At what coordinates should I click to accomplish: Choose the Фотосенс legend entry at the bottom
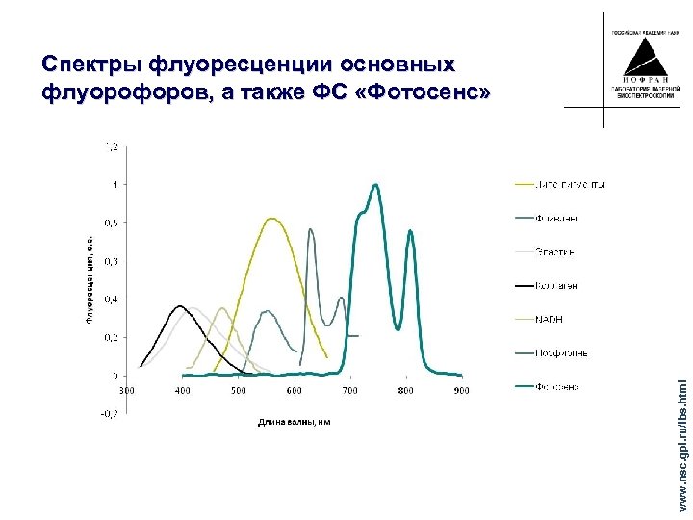click(x=555, y=387)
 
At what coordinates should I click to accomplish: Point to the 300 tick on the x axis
click(x=126, y=390)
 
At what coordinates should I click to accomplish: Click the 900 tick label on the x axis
click(x=462, y=390)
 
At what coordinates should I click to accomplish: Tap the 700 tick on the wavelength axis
click(x=349, y=390)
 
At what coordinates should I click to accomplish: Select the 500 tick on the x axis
click(x=238, y=390)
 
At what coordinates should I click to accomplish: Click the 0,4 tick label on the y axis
click(x=112, y=299)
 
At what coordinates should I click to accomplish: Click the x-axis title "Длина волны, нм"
click(x=294, y=422)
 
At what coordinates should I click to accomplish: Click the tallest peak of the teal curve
click(x=375, y=185)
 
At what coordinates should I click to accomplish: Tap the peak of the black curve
click(x=180, y=306)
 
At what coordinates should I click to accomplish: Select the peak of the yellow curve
click(x=271, y=219)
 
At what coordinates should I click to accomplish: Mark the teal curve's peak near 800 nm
click(x=411, y=231)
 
